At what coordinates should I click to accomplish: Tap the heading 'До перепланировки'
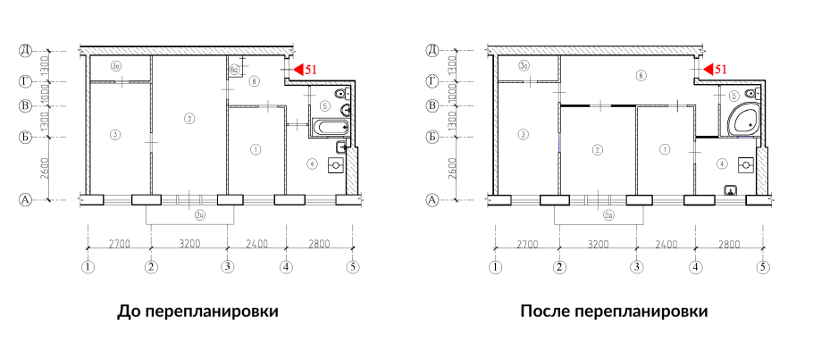pyautogui.click(x=197, y=312)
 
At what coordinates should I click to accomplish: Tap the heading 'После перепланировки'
pyautogui.click(x=614, y=312)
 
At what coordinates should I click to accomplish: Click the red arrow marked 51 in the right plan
pyautogui.click(x=707, y=69)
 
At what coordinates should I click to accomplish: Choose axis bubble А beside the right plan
pyautogui.click(x=432, y=200)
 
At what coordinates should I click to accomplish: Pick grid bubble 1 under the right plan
pyautogui.click(x=496, y=266)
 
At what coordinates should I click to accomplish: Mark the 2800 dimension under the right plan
pyautogui.click(x=728, y=242)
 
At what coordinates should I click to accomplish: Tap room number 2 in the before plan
pyautogui.click(x=189, y=118)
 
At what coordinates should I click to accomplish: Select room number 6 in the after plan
pyautogui.click(x=641, y=76)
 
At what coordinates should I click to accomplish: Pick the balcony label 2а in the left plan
pyautogui.click(x=197, y=215)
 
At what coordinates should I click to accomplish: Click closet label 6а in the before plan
pyautogui.click(x=233, y=69)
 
